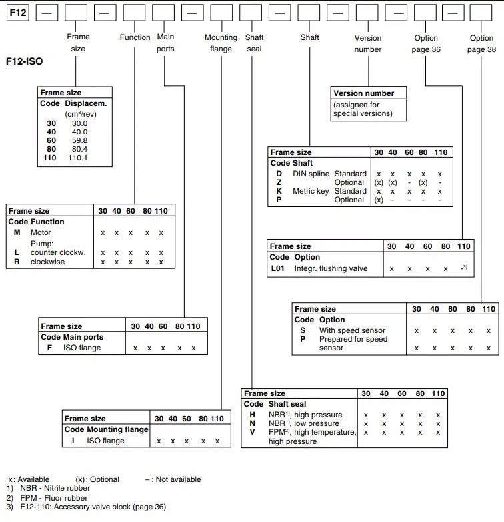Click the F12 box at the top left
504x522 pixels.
tap(18, 12)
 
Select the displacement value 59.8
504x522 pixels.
tap(79, 140)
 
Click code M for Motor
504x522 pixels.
tap(17, 232)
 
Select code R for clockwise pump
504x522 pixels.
tap(17, 262)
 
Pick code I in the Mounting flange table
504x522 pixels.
tap(73, 441)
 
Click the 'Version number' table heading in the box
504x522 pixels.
tap(363, 93)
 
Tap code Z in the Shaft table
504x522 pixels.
tap(279, 182)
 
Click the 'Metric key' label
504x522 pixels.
tap(311, 191)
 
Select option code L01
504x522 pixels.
tap(279, 268)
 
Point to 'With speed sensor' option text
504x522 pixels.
tap(352, 330)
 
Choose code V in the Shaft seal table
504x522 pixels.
tap(252, 432)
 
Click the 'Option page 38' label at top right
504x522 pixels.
tap(481, 43)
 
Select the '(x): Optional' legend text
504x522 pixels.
tap(97, 479)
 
